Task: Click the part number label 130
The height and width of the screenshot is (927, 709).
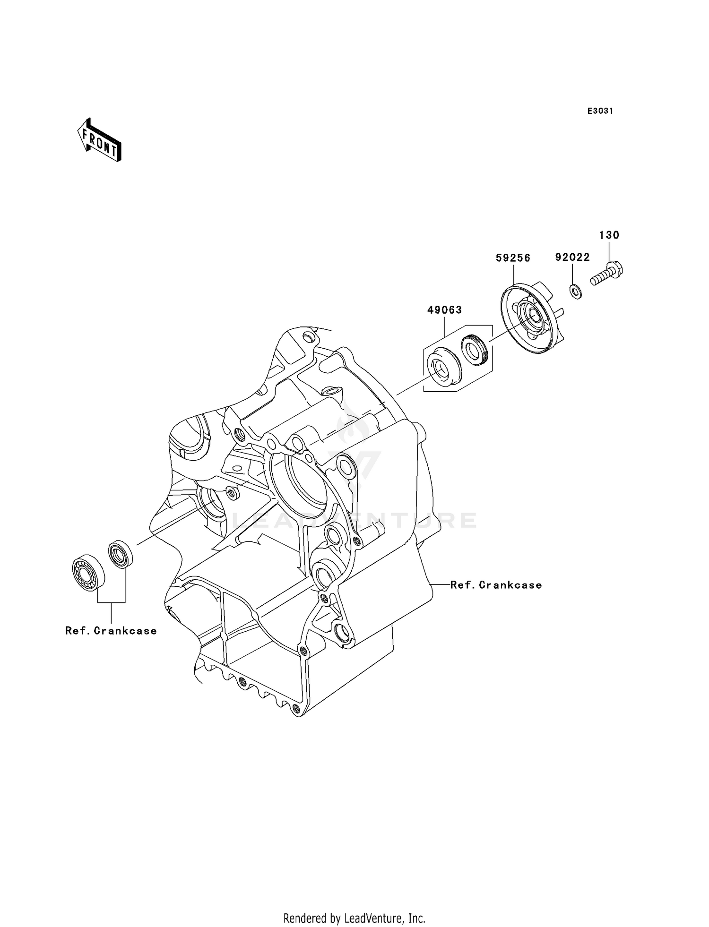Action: pos(609,235)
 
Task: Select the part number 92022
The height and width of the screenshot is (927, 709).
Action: pos(572,257)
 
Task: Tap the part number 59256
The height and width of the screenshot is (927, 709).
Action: pos(513,257)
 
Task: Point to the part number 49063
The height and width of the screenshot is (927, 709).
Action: pos(444,310)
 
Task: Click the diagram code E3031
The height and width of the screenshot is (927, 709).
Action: pos(600,111)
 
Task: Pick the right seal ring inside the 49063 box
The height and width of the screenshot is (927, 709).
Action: pos(474,349)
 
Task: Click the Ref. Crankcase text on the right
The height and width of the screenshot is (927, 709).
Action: pos(495,585)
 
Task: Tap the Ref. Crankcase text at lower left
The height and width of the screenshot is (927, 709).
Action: pos(111,631)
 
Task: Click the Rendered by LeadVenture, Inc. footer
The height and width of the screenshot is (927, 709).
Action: pos(354,918)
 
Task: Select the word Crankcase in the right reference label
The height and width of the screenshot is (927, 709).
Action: pos(510,585)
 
